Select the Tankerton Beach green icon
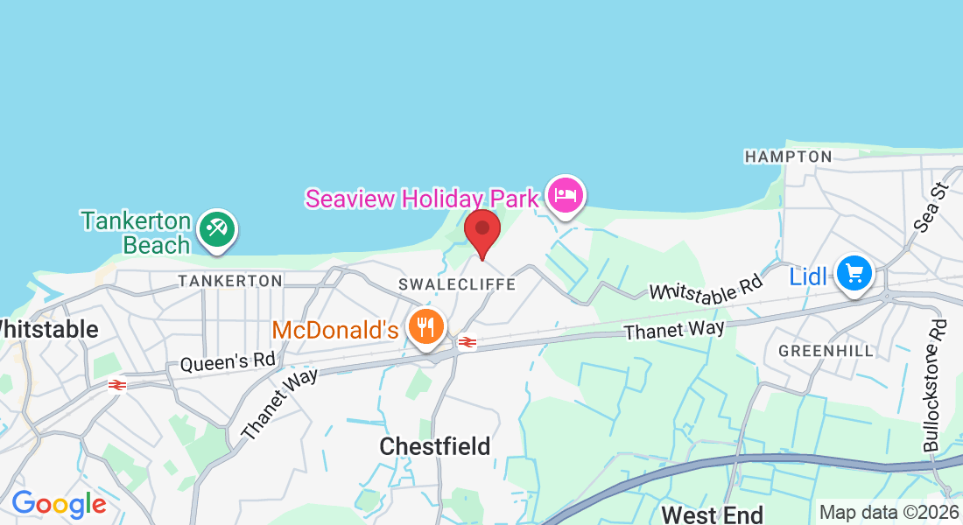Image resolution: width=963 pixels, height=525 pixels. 215,230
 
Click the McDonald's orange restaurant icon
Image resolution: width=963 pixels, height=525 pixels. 426,328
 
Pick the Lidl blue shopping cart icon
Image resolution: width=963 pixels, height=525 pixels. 854,275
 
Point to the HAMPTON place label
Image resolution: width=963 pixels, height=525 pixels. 788,157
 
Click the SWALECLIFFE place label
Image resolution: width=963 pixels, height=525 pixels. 457,284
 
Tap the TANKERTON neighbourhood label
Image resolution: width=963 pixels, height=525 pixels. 230,281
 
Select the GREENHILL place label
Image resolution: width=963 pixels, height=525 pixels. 826,351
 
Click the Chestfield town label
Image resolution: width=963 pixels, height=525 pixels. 435,446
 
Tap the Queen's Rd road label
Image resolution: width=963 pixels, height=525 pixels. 228,360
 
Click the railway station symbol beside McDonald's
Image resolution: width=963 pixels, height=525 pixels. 467,342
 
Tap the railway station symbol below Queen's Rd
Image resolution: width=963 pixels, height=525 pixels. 116,384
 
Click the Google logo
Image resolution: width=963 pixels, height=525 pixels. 59,504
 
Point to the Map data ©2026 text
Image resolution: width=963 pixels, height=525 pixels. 888,513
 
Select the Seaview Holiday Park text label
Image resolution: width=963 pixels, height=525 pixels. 421,199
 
